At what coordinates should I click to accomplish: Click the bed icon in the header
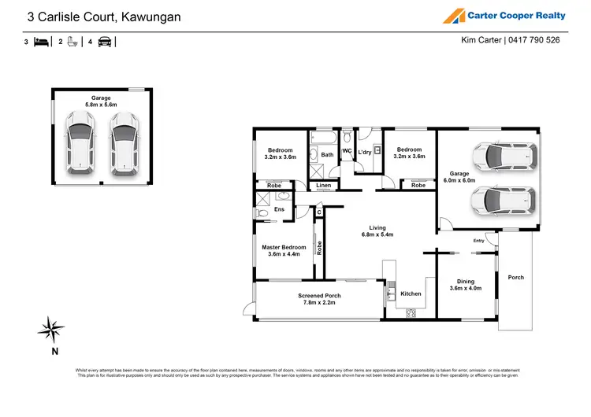[x=41, y=42]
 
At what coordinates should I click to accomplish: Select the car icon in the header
[x=105, y=42]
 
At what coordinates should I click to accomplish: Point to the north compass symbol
[x=53, y=328]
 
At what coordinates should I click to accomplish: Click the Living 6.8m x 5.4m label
[x=376, y=231]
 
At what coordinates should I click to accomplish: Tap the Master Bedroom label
[x=283, y=251]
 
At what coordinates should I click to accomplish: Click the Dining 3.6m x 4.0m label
[x=466, y=285]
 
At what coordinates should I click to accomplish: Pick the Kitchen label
[x=411, y=293]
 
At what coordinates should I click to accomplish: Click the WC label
[x=346, y=150]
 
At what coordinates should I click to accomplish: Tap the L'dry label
[x=365, y=153]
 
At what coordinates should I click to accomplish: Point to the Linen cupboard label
[x=323, y=186]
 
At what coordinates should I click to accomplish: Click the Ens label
[x=279, y=209]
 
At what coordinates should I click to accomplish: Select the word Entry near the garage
[x=479, y=241]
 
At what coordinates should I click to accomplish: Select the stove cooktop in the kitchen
[x=411, y=312]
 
